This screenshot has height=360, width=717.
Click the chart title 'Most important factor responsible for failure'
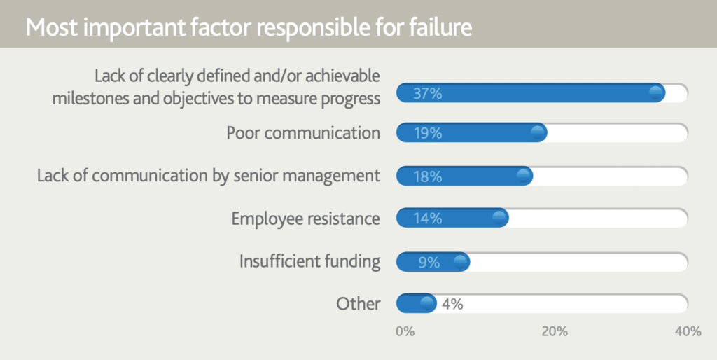point(249,27)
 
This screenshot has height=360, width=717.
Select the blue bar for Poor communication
point(471,132)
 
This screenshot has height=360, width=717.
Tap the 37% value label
point(428,93)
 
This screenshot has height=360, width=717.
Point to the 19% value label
point(428,133)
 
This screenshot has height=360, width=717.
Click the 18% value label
point(428,176)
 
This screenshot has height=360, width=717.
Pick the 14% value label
point(428,219)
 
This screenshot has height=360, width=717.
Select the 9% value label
point(429,262)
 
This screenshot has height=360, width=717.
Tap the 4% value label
point(452,304)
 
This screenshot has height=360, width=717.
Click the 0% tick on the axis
point(405,332)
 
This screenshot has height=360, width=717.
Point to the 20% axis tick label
point(555,332)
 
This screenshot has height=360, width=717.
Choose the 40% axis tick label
point(688,332)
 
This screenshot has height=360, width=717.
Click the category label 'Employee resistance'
point(305,219)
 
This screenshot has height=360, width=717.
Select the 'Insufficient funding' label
point(309,261)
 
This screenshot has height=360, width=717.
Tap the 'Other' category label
point(358,304)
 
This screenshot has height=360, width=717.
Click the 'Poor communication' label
point(303,132)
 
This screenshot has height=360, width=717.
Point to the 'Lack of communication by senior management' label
point(209,176)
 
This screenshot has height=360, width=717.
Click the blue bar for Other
point(416,304)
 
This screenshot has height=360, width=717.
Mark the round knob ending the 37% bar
point(656,93)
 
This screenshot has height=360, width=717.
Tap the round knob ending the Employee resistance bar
point(500,218)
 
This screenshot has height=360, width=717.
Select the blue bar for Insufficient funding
point(433,262)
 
